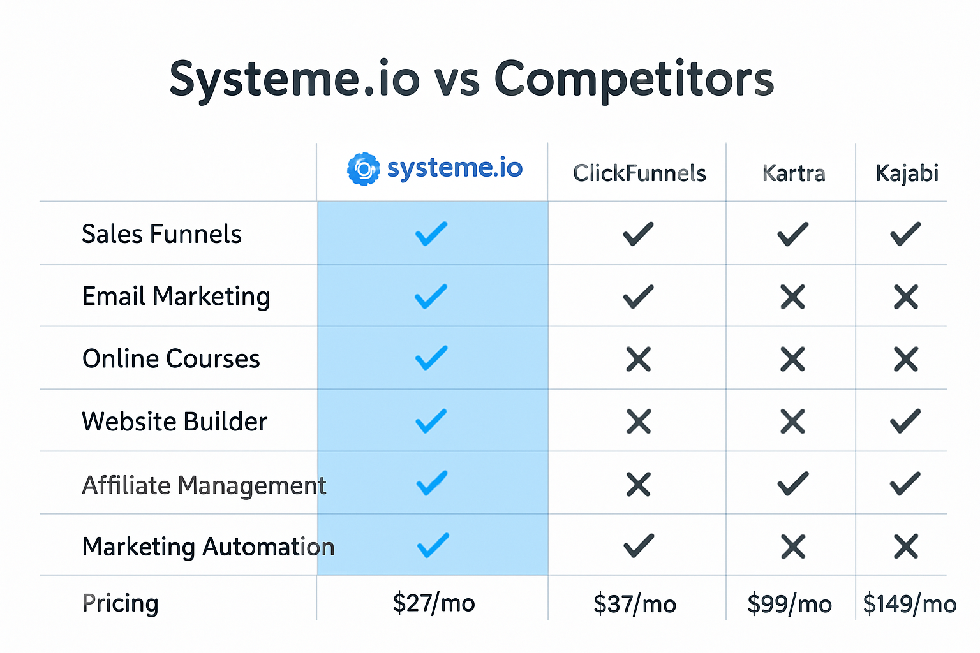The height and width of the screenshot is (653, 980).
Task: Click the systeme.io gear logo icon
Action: [363, 169]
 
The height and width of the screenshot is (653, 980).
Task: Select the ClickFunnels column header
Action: [639, 173]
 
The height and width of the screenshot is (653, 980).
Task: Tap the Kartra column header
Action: [794, 173]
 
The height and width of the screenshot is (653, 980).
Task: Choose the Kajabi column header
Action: [906, 173]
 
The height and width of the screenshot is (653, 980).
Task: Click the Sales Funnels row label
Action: [161, 234]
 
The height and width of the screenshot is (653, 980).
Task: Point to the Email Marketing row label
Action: [176, 297]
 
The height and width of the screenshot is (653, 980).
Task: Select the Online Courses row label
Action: [171, 359]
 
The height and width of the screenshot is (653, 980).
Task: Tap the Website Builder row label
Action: [174, 422]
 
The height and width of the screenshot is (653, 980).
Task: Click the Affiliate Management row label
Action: [204, 485]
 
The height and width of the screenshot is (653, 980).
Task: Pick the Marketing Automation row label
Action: [208, 547]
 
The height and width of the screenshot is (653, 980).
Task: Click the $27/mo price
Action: [434, 603]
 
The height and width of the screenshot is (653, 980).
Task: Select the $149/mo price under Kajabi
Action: [909, 604]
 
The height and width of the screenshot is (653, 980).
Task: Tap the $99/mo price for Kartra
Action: [789, 604]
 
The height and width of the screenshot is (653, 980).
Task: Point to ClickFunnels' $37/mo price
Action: [635, 604]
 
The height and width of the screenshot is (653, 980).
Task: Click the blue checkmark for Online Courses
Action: [431, 358]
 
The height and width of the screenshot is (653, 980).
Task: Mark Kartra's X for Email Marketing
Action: [792, 297]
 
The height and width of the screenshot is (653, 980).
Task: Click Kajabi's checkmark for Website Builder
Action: [905, 421]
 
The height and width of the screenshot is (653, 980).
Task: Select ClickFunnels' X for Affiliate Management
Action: [638, 485]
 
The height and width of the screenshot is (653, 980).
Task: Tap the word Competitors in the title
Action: [634, 79]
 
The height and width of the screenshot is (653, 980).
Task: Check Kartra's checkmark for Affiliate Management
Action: [792, 484]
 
